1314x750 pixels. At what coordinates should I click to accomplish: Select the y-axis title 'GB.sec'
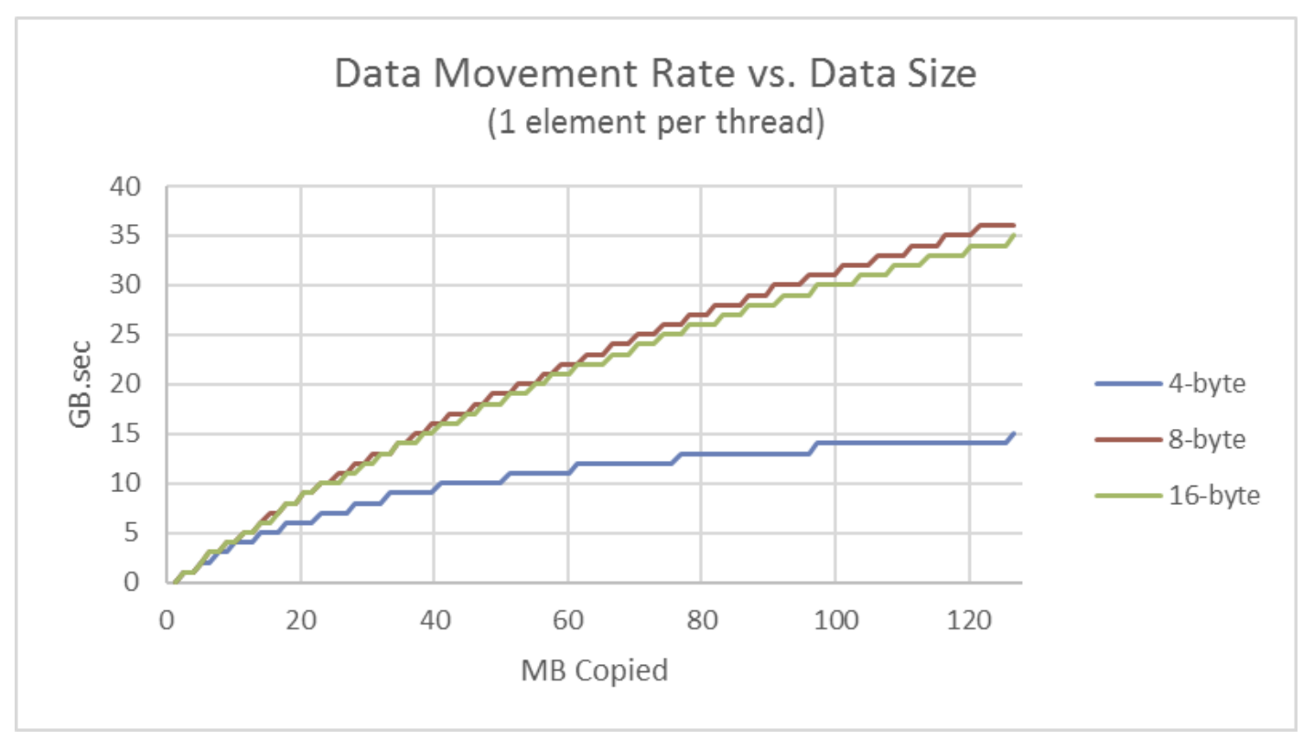coord(81,384)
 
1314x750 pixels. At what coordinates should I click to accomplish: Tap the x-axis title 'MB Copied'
coord(595,670)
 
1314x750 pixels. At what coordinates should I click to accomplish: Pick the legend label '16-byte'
coord(1213,496)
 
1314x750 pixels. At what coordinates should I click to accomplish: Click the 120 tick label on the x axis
coord(968,619)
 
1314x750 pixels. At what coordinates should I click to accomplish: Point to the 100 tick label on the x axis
coord(835,619)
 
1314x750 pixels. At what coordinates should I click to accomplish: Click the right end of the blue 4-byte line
coord(1014,434)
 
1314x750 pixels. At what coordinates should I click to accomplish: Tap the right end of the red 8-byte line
coord(1014,225)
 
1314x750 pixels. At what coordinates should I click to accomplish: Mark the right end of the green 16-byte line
coord(1014,236)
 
